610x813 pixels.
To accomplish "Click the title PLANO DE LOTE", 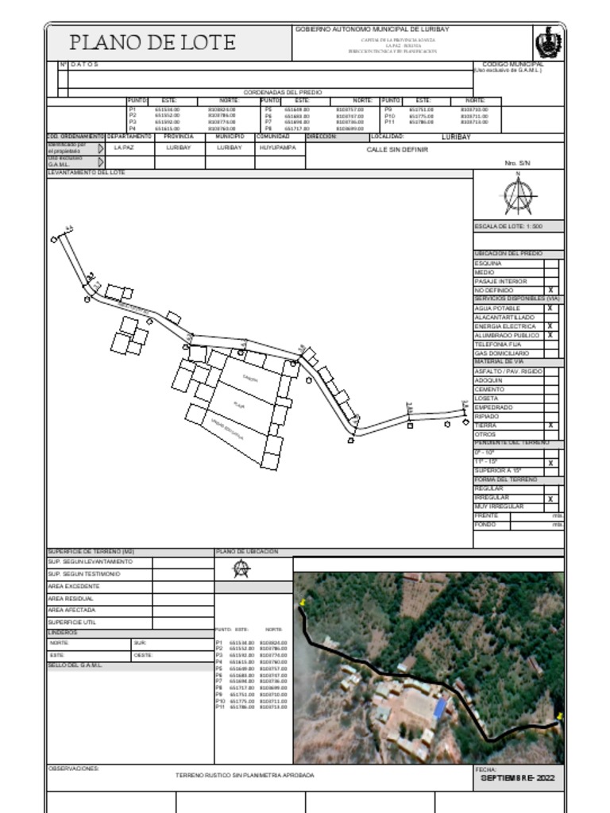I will [x=152, y=43].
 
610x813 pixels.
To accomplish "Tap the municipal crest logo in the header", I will [x=548, y=42].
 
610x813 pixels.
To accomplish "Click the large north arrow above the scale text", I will [x=519, y=195].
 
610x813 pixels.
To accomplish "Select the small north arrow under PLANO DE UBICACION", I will [x=241, y=568].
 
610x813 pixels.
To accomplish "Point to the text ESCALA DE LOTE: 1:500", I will [x=508, y=227].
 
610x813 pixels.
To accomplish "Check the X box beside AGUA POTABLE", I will [x=550, y=308].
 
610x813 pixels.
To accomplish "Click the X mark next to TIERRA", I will [x=550, y=426].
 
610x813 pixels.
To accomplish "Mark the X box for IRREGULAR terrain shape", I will [x=550, y=499].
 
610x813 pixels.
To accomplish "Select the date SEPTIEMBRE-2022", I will [x=518, y=779].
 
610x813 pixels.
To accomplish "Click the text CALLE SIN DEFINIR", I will [x=397, y=149].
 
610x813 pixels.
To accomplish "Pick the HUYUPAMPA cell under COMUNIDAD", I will [x=278, y=148].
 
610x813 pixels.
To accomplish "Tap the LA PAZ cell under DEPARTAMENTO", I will [x=124, y=148].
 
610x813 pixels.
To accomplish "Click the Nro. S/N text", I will [x=517, y=163].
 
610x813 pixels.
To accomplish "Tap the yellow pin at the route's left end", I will [x=303, y=605].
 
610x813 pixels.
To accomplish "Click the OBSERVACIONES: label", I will [x=74, y=769].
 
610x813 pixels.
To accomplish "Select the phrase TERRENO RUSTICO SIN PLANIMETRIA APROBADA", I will [x=245, y=775].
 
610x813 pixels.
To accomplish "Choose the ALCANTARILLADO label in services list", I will [x=504, y=318].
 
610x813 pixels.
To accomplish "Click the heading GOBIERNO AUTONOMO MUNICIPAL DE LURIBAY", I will [x=373, y=29].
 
